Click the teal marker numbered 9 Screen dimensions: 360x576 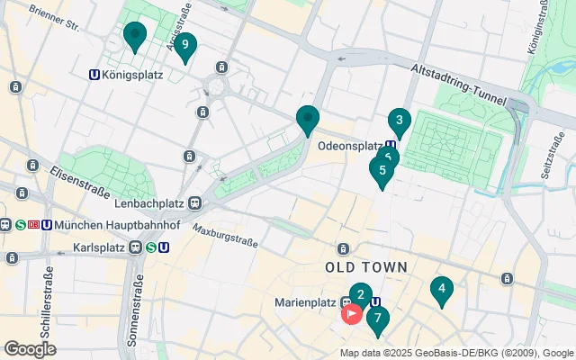click(184, 45)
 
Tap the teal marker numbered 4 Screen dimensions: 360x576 click(441, 290)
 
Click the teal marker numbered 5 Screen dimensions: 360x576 click(382, 170)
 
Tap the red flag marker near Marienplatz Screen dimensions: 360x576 click(351, 314)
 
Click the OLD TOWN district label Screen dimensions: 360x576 click(366, 267)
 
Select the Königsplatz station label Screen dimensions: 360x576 click(132, 75)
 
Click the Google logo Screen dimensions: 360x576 click(30, 349)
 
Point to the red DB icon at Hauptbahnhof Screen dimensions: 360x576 click(33, 224)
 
